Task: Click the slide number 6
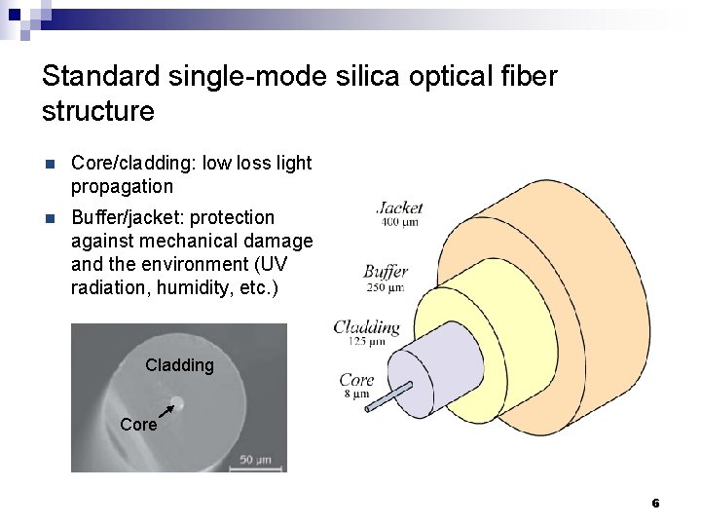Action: (x=655, y=503)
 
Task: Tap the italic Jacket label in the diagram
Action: (x=399, y=207)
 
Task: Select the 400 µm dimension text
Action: (x=399, y=223)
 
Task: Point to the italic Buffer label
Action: (x=386, y=271)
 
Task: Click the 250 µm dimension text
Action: (x=384, y=287)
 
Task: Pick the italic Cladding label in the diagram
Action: (x=367, y=327)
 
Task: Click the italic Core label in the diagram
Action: (x=356, y=380)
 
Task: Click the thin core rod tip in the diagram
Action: (x=368, y=409)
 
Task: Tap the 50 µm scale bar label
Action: (x=256, y=458)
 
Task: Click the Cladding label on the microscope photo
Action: (x=179, y=365)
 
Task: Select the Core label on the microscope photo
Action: (x=137, y=425)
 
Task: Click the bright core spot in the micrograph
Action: (x=179, y=399)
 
